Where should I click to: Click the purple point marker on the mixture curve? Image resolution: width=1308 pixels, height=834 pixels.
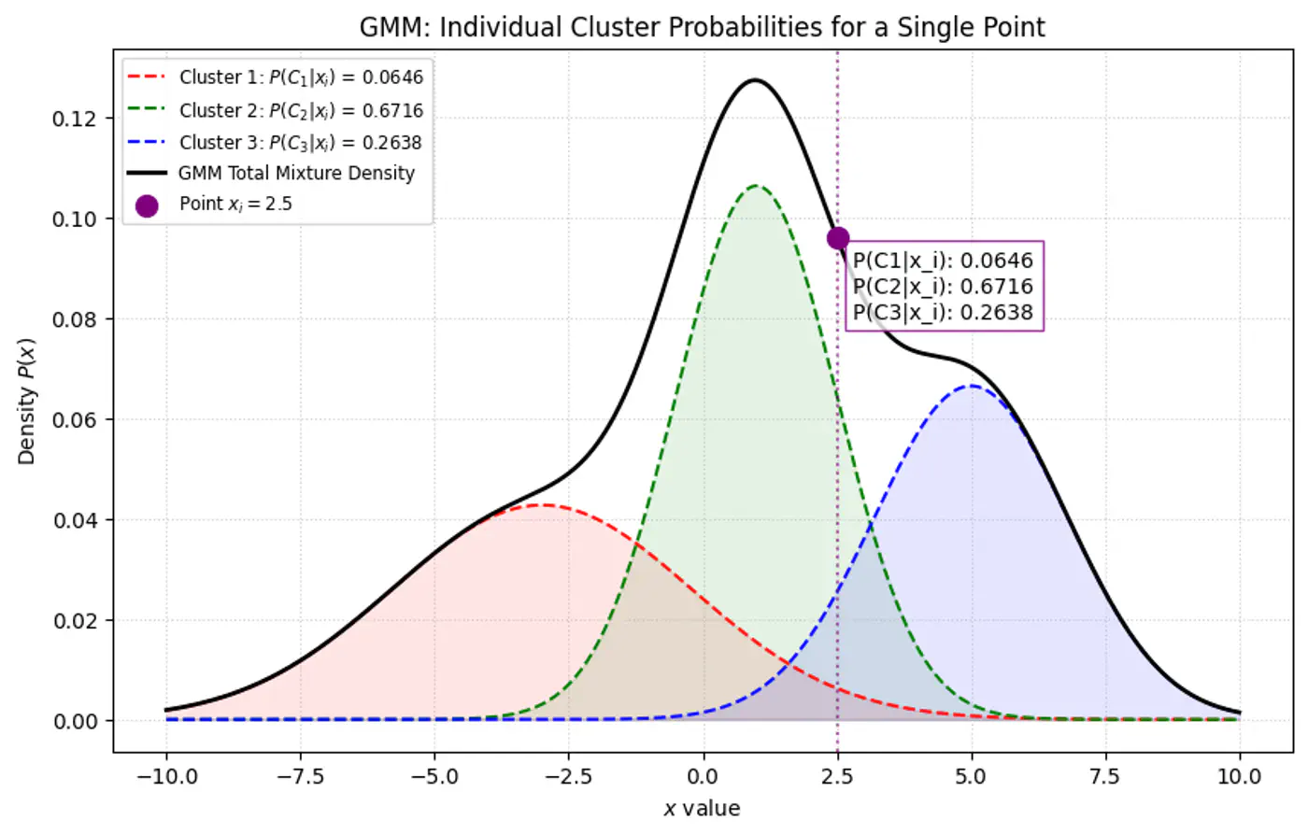[x=838, y=238]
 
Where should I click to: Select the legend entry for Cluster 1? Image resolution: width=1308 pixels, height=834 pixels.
[x=300, y=78]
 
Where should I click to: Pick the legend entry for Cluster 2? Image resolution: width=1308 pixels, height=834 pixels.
[x=300, y=110]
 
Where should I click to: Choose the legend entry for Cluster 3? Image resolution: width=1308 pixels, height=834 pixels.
[x=300, y=142]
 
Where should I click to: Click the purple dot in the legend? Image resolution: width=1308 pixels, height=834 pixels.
[x=147, y=205]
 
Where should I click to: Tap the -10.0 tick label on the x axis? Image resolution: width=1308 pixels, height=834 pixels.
[x=166, y=776]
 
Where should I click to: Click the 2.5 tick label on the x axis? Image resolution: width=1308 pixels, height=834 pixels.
[x=837, y=776]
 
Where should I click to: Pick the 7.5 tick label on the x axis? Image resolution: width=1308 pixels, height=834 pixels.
[x=1105, y=776]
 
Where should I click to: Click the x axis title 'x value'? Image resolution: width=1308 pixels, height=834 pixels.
[x=702, y=809]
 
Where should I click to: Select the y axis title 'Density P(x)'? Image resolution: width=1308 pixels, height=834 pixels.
[x=26, y=401]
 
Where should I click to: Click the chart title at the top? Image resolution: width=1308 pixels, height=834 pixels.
[x=702, y=27]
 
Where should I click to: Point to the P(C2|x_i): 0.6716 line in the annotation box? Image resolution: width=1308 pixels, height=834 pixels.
[x=943, y=287]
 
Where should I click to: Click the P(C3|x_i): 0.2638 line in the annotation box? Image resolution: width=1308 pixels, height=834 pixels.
[x=943, y=312]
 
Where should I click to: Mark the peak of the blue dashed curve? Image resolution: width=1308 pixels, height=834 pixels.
[x=972, y=386]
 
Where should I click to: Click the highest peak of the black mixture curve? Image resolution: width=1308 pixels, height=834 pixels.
[x=754, y=80]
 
